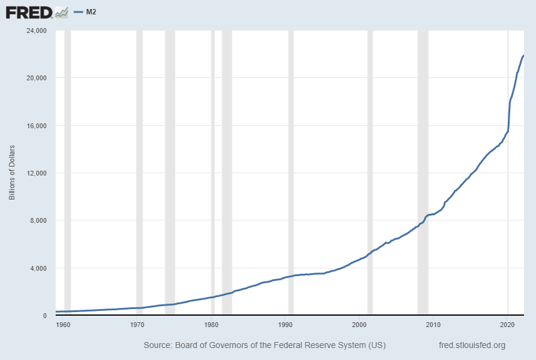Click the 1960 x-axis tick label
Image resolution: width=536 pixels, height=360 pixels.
[x=63, y=324]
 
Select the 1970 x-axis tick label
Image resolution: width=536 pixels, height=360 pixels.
[x=137, y=324]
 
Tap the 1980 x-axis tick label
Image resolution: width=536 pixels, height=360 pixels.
[x=211, y=324]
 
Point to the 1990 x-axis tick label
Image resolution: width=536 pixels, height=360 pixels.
[x=286, y=324]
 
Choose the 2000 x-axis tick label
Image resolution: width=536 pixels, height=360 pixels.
[x=359, y=324]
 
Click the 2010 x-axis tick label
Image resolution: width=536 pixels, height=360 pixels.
[x=434, y=324]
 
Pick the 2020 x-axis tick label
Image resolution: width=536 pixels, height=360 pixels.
[x=508, y=324]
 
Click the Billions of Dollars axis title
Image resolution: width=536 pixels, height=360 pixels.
[x=12, y=173]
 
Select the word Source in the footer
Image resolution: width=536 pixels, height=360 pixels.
[x=158, y=345]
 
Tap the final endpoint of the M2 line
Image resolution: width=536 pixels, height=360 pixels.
[x=523, y=56]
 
